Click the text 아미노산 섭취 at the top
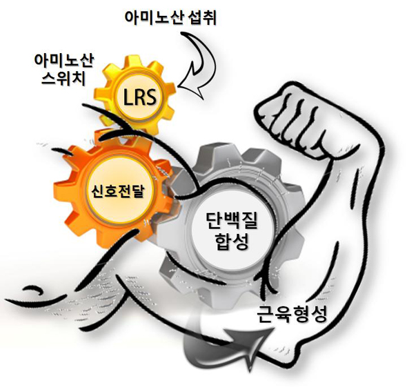pos(170,18)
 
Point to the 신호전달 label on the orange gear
pos(117,191)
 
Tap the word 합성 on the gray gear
pos(232,242)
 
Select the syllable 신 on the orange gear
pos(97,191)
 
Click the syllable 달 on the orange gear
pos(137,191)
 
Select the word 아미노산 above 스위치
pos(63,61)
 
